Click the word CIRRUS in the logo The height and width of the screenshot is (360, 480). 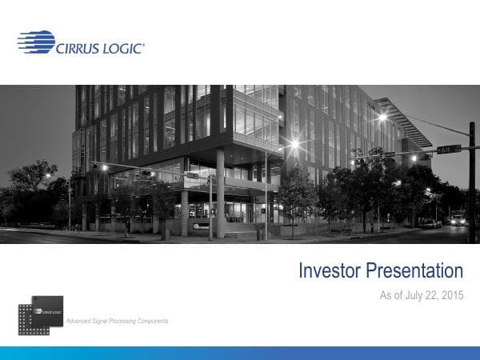[78, 48]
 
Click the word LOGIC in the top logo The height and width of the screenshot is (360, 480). [122, 48]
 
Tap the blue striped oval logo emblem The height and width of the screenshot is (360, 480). [36, 42]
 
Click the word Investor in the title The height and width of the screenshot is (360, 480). [330, 271]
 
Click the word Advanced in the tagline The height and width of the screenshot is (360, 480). [81, 321]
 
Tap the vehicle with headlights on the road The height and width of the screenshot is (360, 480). [458, 218]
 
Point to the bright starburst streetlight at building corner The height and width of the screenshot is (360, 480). [295, 145]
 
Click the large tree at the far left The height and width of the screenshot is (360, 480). [32, 188]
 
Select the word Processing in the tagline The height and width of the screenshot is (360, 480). [118, 321]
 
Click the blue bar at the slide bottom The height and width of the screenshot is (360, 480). [240, 353]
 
